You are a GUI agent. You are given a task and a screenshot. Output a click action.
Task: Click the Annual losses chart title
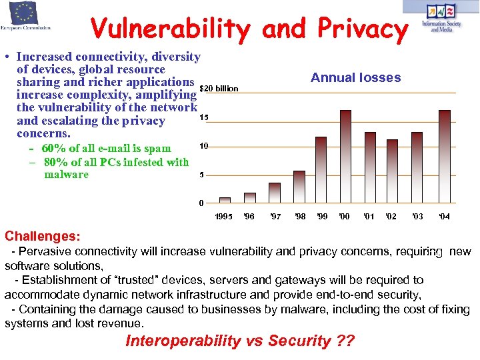click(355, 77)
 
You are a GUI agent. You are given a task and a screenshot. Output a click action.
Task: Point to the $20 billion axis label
click(219, 89)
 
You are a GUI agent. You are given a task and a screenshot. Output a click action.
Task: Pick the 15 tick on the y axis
click(203, 117)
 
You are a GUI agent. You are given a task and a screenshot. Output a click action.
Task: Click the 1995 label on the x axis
click(223, 216)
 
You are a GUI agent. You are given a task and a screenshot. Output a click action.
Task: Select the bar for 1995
click(225, 199)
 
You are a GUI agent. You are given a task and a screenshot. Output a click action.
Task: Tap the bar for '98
click(299, 186)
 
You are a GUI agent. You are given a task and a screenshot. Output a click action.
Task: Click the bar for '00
click(345, 156)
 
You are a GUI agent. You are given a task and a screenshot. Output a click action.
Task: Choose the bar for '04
click(444, 156)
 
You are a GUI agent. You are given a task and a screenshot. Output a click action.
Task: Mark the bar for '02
click(392, 171)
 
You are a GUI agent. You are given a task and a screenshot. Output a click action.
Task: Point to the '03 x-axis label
click(417, 216)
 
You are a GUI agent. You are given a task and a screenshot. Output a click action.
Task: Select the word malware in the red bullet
click(66, 175)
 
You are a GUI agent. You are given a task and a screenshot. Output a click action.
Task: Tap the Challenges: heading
click(43, 236)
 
